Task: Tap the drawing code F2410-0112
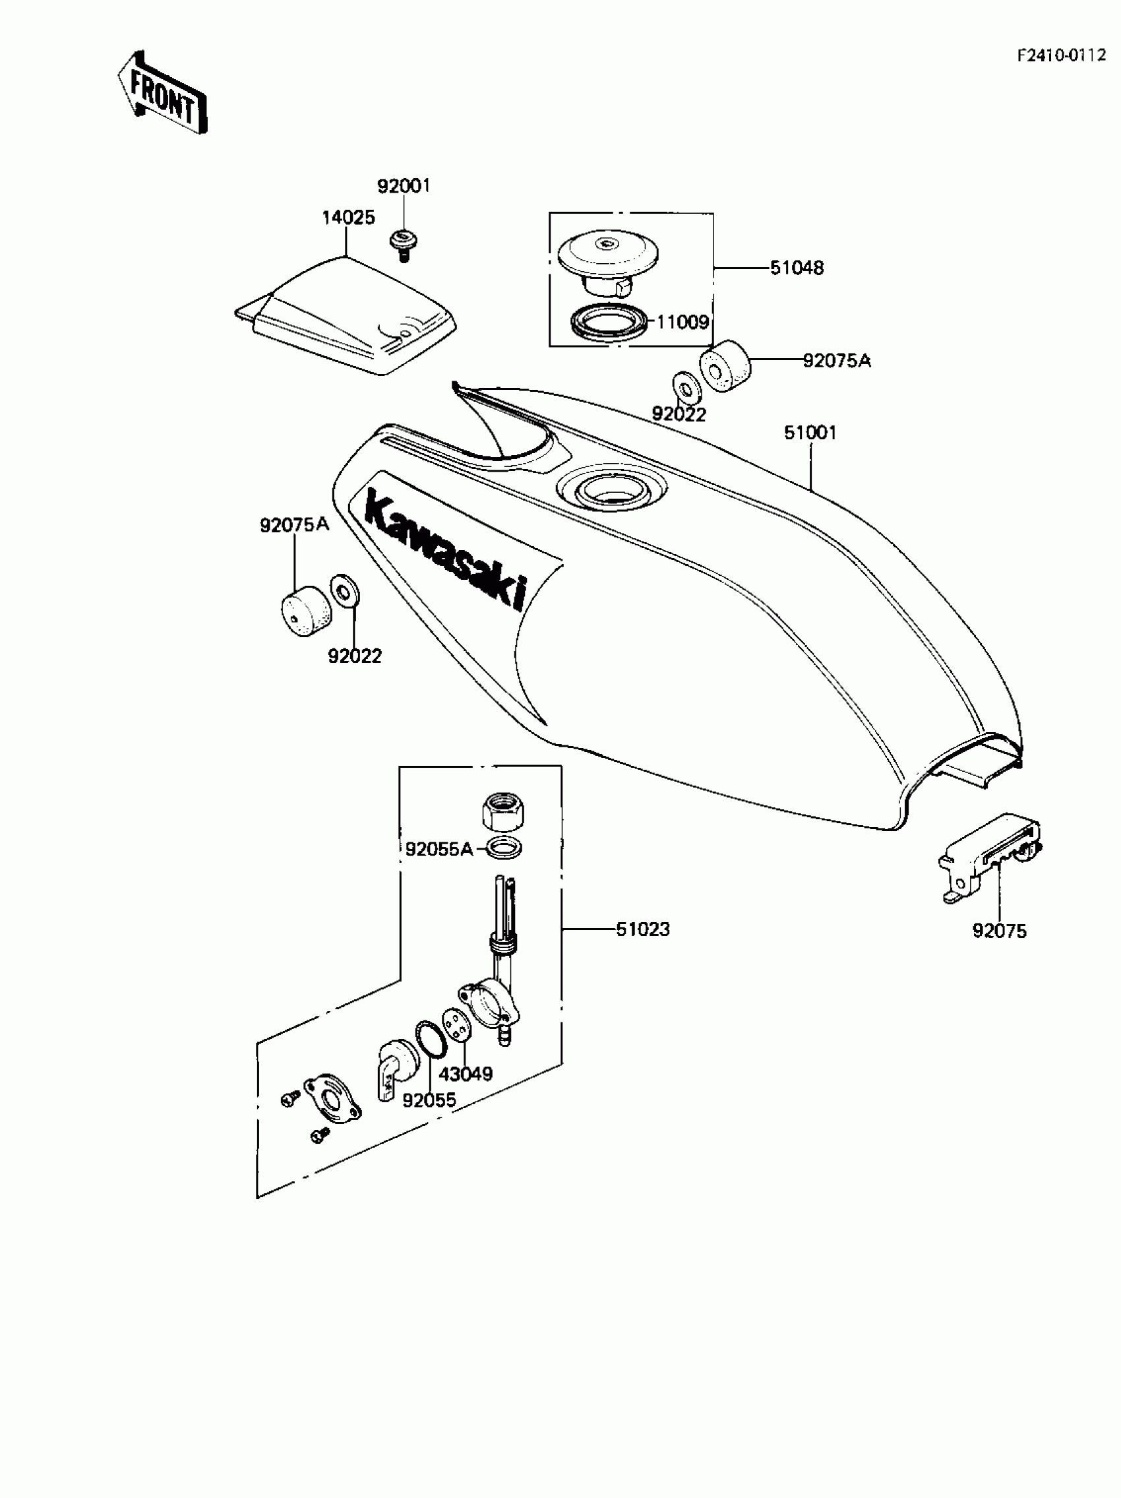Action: (1061, 55)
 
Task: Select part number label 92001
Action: (404, 185)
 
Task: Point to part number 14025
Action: (348, 218)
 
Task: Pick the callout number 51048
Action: (797, 268)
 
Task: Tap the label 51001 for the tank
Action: (810, 432)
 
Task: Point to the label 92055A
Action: (439, 848)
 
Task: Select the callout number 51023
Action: (642, 929)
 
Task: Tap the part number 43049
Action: (466, 1074)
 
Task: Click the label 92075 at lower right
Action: (999, 931)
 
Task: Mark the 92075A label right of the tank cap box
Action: (837, 361)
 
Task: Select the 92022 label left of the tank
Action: (355, 656)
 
